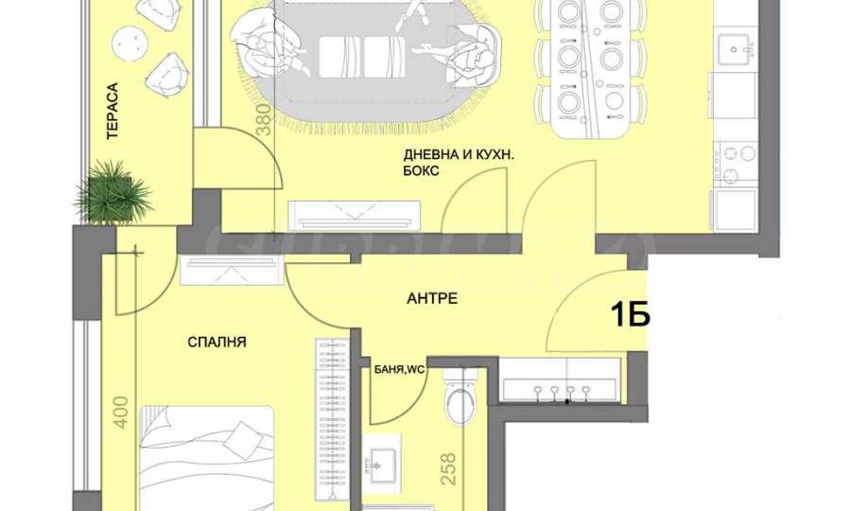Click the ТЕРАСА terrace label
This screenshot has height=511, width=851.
[x=113, y=111]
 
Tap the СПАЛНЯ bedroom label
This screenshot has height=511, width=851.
[x=217, y=343]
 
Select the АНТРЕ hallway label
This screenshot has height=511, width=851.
[x=432, y=298]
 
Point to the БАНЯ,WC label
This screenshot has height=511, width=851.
[x=400, y=370]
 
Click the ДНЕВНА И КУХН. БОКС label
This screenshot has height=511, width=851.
[x=459, y=163]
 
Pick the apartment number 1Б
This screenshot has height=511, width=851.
[x=630, y=314]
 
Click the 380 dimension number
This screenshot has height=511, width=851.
[x=263, y=119]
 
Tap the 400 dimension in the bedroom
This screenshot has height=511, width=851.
[x=122, y=413]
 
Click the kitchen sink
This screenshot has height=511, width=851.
[x=735, y=49]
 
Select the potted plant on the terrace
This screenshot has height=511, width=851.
[x=113, y=193]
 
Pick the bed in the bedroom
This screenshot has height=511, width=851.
[x=207, y=458]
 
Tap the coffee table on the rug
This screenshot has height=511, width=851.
[x=362, y=57]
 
